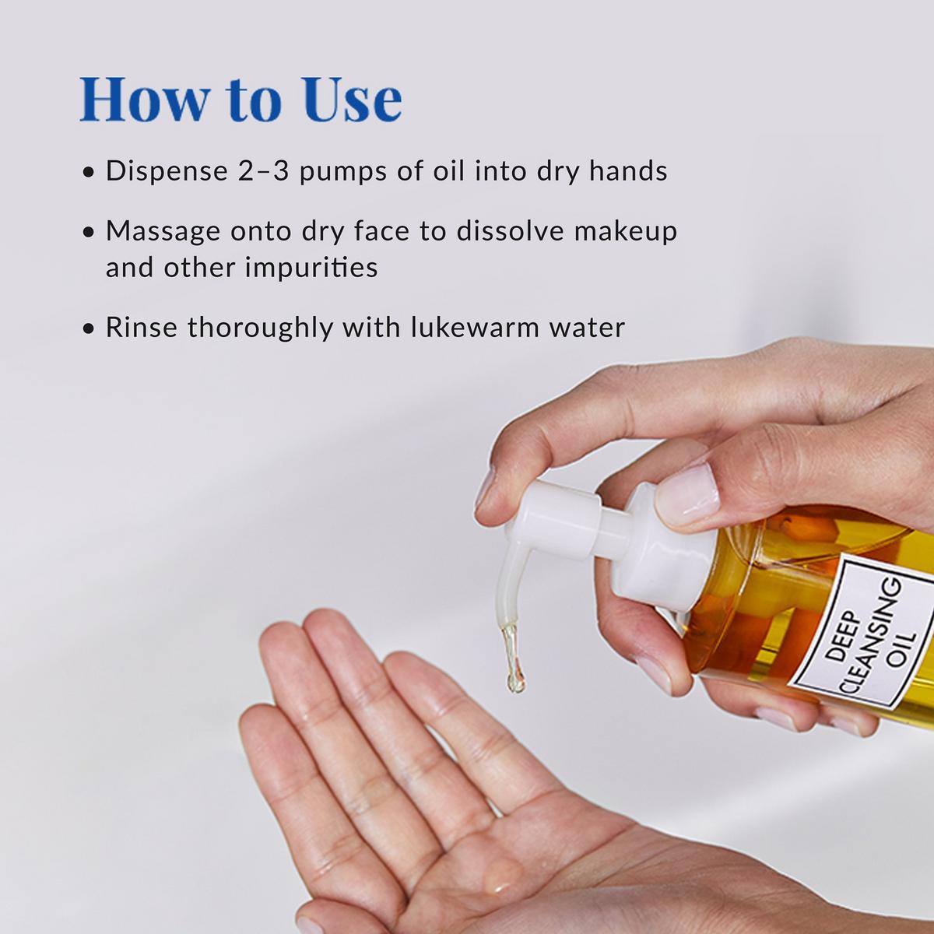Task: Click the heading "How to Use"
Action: (x=241, y=100)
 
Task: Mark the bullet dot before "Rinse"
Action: (x=89, y=328)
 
